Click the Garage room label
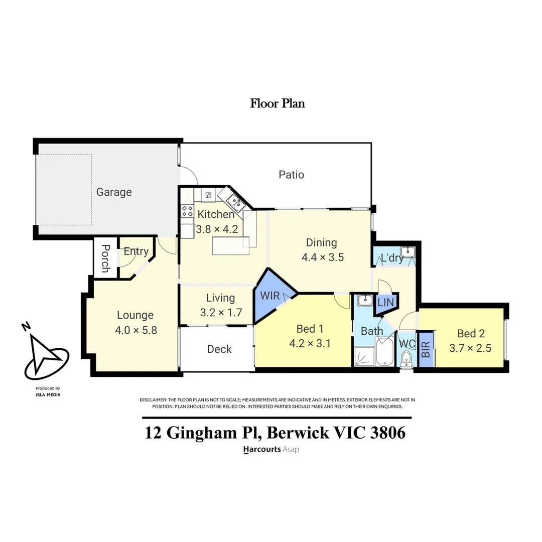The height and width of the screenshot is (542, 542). pos(114,192)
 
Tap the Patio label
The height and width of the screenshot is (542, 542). pos(292,175)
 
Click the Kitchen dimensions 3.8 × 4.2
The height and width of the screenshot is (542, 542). pos(217,229)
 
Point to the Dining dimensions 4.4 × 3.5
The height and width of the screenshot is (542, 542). pos(323,257)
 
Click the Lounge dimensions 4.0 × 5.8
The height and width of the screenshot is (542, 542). pos(136,330)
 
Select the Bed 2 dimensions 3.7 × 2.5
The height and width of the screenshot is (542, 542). pos(470,348)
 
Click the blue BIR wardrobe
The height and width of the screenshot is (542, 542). pos(426,349)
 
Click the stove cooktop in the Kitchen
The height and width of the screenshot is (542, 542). pos(187,211)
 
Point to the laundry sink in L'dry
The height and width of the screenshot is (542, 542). pos(408,251)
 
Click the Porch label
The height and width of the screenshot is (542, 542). pos(106,258)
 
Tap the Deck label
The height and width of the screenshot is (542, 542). pos(219,349)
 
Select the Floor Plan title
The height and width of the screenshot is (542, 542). pos(278,103)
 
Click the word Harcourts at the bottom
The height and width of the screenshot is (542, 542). pos(262,449)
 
